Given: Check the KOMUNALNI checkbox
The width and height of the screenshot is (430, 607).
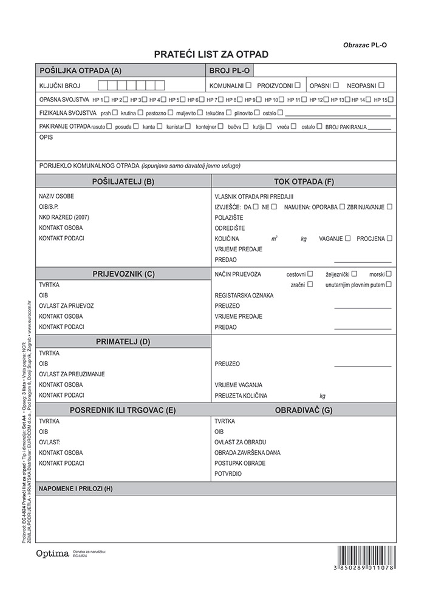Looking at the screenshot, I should point(249,86).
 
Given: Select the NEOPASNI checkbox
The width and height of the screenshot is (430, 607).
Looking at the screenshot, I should point(381,86).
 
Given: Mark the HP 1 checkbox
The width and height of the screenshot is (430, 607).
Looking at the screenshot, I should point(107,100).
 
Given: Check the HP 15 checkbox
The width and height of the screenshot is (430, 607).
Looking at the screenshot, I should point(391,100).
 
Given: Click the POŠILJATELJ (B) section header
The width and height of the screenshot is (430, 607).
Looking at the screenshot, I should point(123,181).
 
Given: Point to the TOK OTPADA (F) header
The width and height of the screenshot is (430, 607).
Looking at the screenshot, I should point(304,181).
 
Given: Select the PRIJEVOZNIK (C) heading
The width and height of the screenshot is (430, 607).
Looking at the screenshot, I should point(123,274).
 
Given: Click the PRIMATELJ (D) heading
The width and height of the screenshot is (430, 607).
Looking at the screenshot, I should point(123,342).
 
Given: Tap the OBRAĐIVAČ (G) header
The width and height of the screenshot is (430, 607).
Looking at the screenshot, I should point(304,410).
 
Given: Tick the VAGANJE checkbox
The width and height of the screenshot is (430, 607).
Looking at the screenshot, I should point(348,239).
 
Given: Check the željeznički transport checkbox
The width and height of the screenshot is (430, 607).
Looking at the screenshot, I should point(354,274).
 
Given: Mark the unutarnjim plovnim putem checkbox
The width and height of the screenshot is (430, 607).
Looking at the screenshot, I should point(389,284).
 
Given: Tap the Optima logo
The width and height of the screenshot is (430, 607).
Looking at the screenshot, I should point(52,554).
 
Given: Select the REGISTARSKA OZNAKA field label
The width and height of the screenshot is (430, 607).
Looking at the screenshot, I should point(244,296).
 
